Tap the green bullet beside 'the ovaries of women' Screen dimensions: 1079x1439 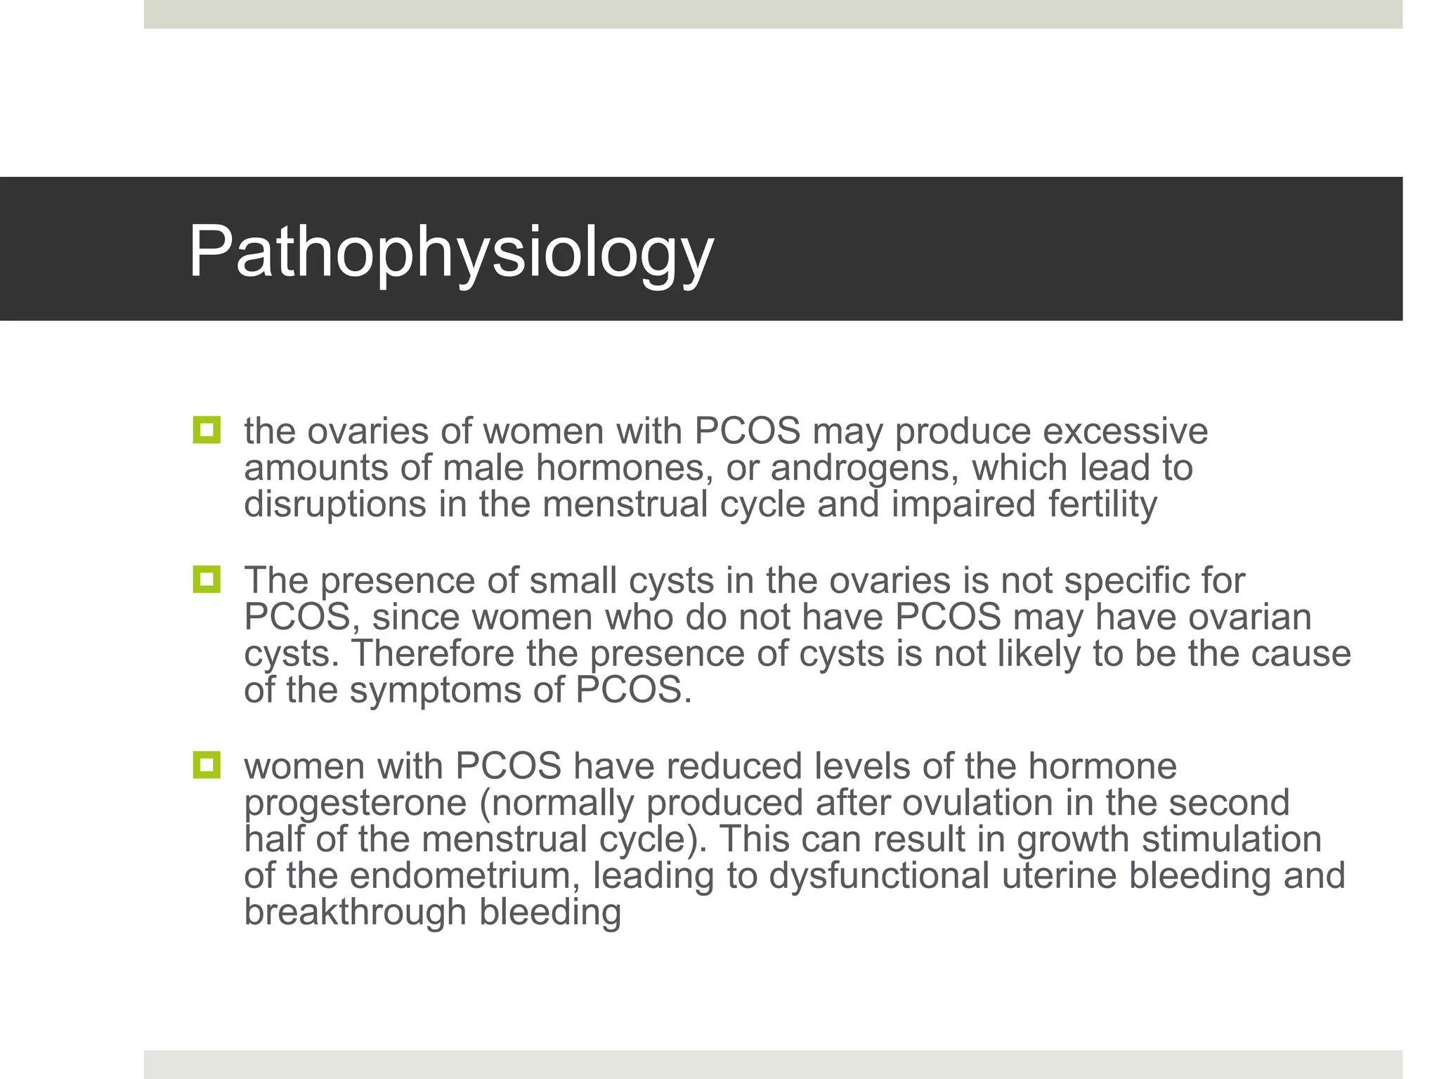click(206, 430)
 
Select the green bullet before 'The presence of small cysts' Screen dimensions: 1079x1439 click(206, 580)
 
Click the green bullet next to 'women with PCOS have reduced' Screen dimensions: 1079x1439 click(206, 765)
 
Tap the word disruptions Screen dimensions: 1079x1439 click(335, 504)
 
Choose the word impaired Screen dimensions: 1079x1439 click(963, 504)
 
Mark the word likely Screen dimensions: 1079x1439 click(1035, 653)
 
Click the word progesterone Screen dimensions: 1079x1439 click(355, 804)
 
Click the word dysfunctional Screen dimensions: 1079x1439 click(878, 875)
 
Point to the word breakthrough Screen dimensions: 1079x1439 click(355, 912)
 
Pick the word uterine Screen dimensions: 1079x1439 click(1053, 875)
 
